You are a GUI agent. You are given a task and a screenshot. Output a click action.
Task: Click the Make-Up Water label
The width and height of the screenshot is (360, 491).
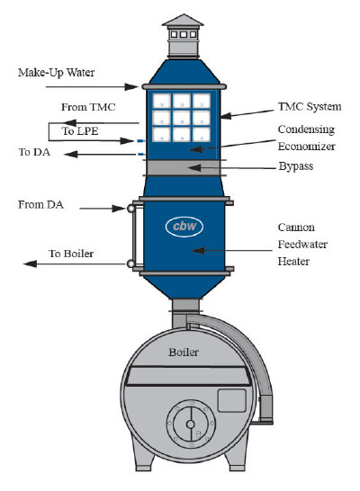click(57, 73)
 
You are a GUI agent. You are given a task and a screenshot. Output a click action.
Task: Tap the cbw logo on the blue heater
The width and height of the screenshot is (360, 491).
click(184, 226)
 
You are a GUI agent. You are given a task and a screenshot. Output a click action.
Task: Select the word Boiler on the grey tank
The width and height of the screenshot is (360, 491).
click(184, 353)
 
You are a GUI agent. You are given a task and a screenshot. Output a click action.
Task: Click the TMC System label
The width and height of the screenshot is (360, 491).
click(310, 106)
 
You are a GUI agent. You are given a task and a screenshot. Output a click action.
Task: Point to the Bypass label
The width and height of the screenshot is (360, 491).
click(296, 166)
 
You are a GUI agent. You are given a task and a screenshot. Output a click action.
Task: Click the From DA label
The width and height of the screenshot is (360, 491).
click(41, 205)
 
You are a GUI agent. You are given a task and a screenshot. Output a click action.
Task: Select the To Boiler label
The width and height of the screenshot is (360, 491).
click(71, 254)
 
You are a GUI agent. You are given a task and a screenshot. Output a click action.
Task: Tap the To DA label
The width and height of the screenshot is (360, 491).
click(34, 152)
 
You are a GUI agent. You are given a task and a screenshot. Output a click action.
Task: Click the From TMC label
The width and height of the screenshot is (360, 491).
click(88, 107)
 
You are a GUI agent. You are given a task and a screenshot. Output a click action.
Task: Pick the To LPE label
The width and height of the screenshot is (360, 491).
click(80, 131)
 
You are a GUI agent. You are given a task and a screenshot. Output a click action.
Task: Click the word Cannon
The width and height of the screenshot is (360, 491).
click(296, 228)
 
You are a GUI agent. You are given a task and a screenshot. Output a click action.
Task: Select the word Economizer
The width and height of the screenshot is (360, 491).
click(307, 147)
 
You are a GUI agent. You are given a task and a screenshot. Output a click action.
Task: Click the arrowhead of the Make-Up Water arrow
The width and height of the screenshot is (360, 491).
click(132, 86)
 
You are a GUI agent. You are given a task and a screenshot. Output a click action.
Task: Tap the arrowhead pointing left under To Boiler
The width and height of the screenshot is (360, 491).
click(31, 264)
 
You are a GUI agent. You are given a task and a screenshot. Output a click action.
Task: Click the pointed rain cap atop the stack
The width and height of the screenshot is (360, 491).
click(183, 20)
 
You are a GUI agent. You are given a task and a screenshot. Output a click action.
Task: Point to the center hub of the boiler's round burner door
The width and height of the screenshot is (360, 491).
click(190, 424)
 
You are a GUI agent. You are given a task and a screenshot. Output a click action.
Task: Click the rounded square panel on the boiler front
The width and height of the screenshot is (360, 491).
click(232, 400)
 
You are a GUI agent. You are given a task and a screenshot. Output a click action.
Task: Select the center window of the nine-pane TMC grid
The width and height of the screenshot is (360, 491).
click(182, 118)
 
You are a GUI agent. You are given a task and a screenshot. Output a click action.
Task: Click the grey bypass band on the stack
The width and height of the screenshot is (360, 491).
click(184, 168)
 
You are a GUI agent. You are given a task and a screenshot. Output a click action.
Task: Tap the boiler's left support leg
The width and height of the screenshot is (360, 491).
click(143, 456)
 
